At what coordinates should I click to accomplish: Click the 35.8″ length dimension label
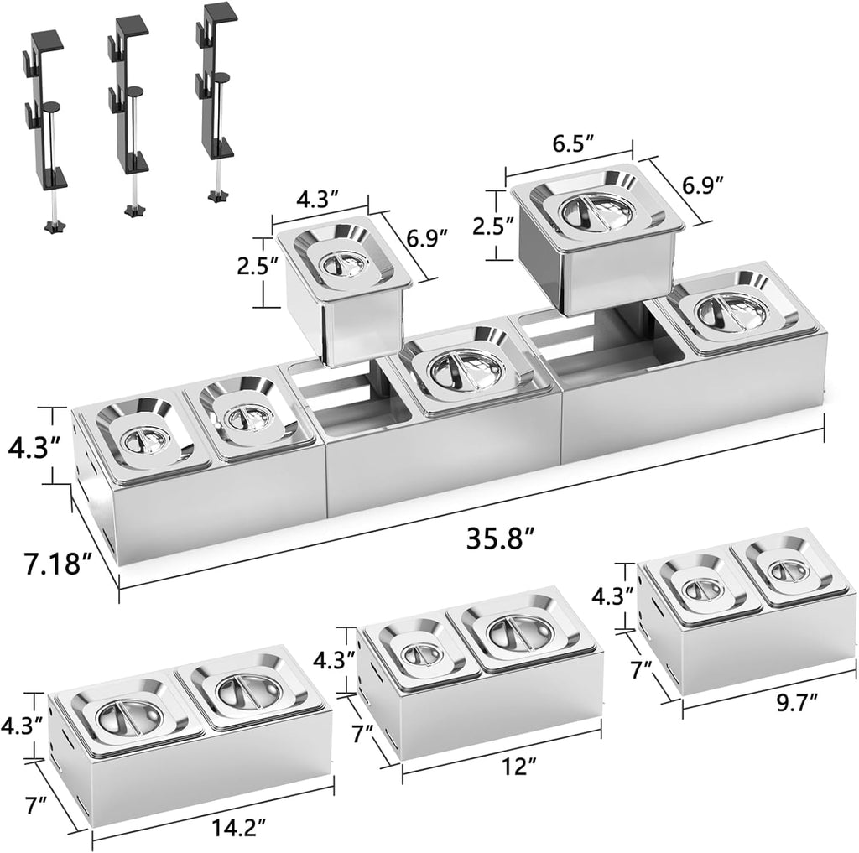tap(500, 538)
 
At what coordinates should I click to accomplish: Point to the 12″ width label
tap(517, 765)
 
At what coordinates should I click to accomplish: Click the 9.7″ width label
tap(797, 702)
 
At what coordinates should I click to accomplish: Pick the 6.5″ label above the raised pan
tap(573, 144)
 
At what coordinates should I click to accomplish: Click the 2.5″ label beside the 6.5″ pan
tap(493, 225)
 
